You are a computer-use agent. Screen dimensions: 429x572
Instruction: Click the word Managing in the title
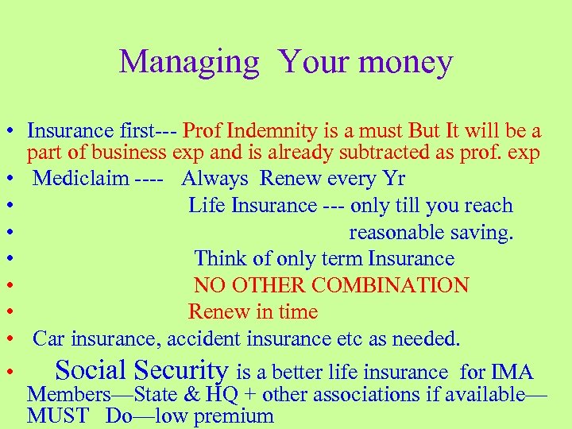click(x=189, y=62)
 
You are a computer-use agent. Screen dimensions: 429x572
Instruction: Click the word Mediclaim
click(x=80, y=177)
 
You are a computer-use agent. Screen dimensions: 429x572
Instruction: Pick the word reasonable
click(x=397, y=232)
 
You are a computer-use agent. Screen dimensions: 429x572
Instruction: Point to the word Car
click(x=48, y=339)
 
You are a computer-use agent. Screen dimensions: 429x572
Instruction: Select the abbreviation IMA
click(x=513, y=372)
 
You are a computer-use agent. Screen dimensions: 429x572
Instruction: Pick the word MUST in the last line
click(x=58, y=415)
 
